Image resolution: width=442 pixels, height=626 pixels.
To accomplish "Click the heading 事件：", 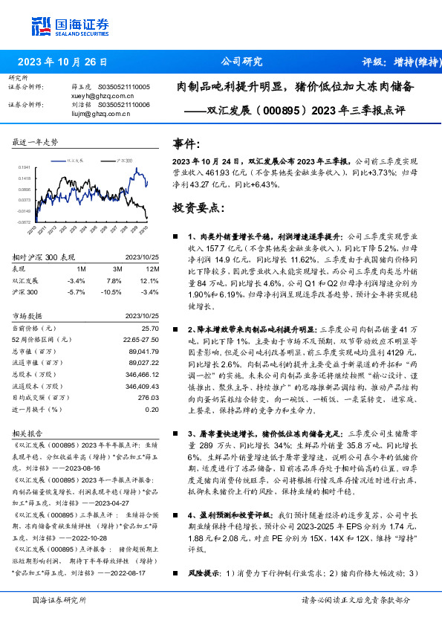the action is [186, 143].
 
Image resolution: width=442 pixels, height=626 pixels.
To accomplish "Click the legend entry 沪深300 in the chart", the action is [125, 160].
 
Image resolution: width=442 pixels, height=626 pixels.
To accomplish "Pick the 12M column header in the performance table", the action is [152, 268].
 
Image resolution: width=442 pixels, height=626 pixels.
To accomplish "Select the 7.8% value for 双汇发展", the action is [114, 280].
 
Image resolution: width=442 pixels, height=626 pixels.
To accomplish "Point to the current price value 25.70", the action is [151, 327].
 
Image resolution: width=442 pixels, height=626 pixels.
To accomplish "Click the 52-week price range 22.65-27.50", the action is [141, 338].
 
